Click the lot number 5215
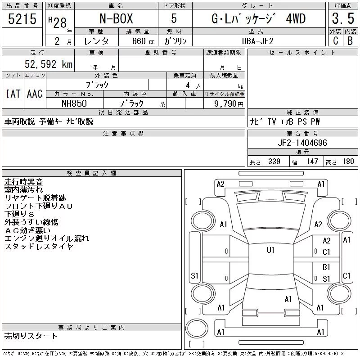[22, 19]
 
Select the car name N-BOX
[116, 18]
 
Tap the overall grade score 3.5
[343, 18]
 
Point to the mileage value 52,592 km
[49, 64]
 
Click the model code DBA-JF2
[258, 41]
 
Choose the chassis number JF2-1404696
[302, 143]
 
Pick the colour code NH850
[74, 103]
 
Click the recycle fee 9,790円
[229, 104]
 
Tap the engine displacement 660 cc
[143, 41]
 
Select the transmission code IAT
[13, 94]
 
